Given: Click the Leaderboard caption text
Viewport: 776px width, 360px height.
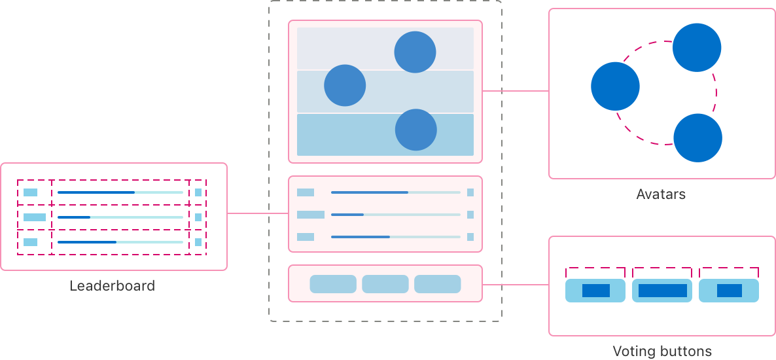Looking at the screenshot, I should pos(112,286).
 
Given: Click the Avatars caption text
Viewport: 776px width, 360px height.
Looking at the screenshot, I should pos(661,194).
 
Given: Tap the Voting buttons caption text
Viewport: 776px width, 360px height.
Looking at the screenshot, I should pos(661,351).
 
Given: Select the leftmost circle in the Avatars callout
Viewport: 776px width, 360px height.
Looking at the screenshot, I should pos(615,86).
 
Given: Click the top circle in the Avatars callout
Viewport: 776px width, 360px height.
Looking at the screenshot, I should pos(697,47).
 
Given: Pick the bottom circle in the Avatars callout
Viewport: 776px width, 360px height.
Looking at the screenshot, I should pos(697,137).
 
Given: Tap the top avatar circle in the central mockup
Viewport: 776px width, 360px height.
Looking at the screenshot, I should pos(415,52).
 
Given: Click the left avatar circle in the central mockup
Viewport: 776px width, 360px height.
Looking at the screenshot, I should pos(345,85).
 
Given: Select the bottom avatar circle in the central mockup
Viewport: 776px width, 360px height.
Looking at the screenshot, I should pos(415,130).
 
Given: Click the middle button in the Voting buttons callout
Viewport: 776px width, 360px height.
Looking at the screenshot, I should pos(662,291).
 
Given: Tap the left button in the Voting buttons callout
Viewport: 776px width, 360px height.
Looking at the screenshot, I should pos(596,291).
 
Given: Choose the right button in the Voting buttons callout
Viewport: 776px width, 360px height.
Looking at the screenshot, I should pos(729,291).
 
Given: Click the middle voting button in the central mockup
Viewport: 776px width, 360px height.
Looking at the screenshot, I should pos(385,284).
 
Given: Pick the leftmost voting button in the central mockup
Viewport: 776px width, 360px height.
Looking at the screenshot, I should pos(333,284).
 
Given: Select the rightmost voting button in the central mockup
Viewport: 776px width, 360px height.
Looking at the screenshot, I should pos(438,284).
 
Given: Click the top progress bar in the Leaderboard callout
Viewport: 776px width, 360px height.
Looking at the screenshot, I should pos(120,192).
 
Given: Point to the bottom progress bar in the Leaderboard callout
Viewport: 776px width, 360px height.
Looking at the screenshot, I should pos(120,242).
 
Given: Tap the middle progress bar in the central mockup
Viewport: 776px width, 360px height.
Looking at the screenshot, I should pos(395,215).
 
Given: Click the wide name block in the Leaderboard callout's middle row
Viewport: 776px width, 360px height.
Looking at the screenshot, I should pos(35,217).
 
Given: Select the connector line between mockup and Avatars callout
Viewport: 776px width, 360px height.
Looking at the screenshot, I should pos(516,91).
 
